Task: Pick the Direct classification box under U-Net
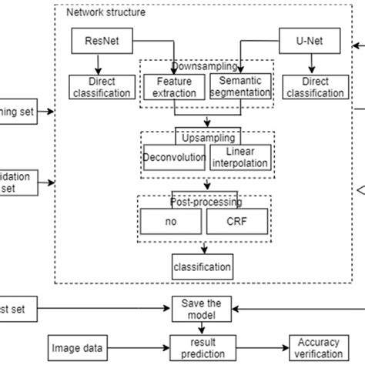(x=314, y=87)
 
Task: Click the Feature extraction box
(x=175, y=86)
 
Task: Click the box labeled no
(x=172, y=220)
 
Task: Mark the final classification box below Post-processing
(x=203, y=268)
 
